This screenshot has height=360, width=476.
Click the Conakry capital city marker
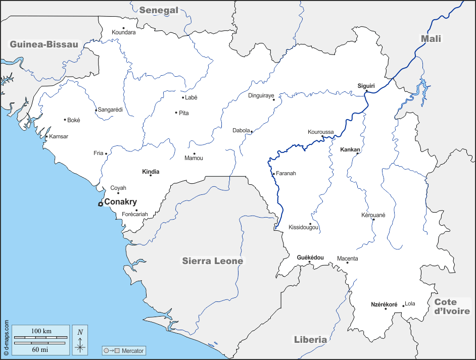click(x=101, y=204)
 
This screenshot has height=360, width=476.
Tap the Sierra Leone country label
click(x=212, y=261)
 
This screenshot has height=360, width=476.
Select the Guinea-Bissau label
click(x=44, y=44)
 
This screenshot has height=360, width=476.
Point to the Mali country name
click(x=431, y=39)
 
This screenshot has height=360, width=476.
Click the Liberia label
click(x=310, y=340)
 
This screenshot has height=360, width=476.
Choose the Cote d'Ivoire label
click(x=452, y=306)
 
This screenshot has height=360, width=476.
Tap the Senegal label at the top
click(x=159, y=10)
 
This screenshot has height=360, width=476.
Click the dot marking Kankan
click(x=357, y=153)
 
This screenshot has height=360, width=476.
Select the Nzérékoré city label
click(x=384, y=304)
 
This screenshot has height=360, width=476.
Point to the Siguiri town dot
click(x=367, y=91)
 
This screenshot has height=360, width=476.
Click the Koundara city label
click(x=124, y=32)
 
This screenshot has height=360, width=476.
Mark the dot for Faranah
click(x=273, y=174)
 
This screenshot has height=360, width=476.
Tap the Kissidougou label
click(x=303, y=228)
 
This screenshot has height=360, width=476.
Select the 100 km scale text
click(x=41, y=331)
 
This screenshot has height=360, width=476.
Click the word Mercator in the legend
click(x=132, y=350)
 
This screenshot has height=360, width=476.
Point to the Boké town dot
click(x=65, y=120)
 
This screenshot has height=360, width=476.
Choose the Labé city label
click(x=191, y=97)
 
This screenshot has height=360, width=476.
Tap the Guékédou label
click(x=310, y=258)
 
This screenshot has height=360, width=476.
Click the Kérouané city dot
click(x=373, y=220)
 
